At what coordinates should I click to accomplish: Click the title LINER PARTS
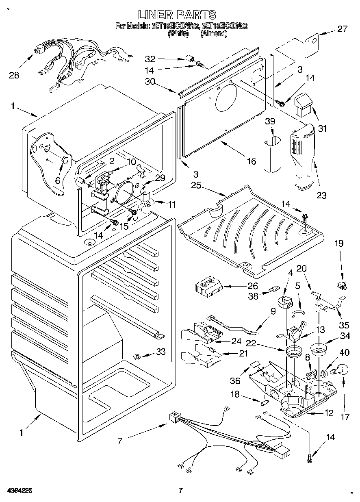pos(177,15)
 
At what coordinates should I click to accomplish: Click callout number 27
pos(343,29)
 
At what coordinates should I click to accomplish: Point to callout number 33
pos(161,352)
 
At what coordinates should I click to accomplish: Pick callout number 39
pos(271,122)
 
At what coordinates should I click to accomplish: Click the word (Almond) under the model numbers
pos(214,34)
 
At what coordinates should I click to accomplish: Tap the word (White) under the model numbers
pos(178,34)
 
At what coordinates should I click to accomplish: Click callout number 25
pos(196,186)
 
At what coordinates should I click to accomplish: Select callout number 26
pos(252,286)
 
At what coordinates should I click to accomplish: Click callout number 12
pos(328,413)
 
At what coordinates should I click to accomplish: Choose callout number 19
pos(338,243)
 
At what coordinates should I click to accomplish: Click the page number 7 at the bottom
pos(180,491)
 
